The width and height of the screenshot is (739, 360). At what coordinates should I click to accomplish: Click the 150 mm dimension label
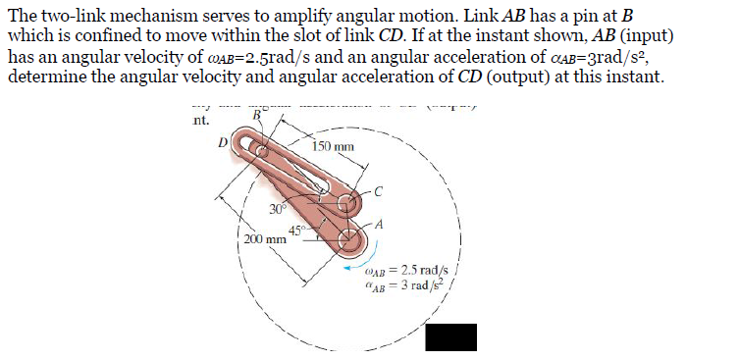point(334,147)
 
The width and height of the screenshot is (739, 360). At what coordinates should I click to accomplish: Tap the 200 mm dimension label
point(264,237)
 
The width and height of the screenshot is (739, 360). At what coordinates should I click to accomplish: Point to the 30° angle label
point(279,207)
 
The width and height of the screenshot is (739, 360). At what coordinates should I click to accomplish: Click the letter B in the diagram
point(258,116)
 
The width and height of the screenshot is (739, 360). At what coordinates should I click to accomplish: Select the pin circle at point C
point(346,204)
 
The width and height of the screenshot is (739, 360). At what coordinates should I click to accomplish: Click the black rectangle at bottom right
point(451,337)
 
